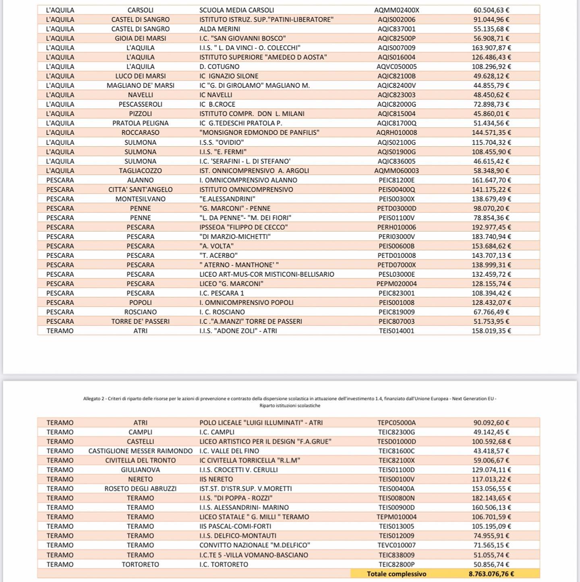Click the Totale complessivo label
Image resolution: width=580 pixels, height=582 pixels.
396,574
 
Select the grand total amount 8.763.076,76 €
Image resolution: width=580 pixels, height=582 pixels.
491,574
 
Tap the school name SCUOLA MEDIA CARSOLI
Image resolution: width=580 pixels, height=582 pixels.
236,10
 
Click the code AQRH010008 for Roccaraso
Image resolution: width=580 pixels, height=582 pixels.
396,133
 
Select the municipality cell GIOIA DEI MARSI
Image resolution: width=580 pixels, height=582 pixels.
140,38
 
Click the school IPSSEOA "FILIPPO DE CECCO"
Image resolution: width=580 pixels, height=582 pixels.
243,227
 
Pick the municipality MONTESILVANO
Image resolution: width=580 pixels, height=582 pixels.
140,199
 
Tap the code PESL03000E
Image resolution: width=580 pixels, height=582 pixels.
396,274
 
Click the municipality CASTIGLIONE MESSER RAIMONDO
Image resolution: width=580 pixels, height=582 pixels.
140,451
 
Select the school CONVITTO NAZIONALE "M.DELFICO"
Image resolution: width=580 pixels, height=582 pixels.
255,545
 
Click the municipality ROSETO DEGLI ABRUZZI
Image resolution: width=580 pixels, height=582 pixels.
140,489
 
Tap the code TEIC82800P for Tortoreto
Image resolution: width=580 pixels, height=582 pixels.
396,565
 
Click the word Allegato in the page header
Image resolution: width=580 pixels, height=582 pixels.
91,399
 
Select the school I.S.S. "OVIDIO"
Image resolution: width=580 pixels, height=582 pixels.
222,143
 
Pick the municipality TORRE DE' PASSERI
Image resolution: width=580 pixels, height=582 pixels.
140,321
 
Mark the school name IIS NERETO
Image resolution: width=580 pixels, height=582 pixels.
216,479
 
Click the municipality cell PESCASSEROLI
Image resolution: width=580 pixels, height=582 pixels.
140,104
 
